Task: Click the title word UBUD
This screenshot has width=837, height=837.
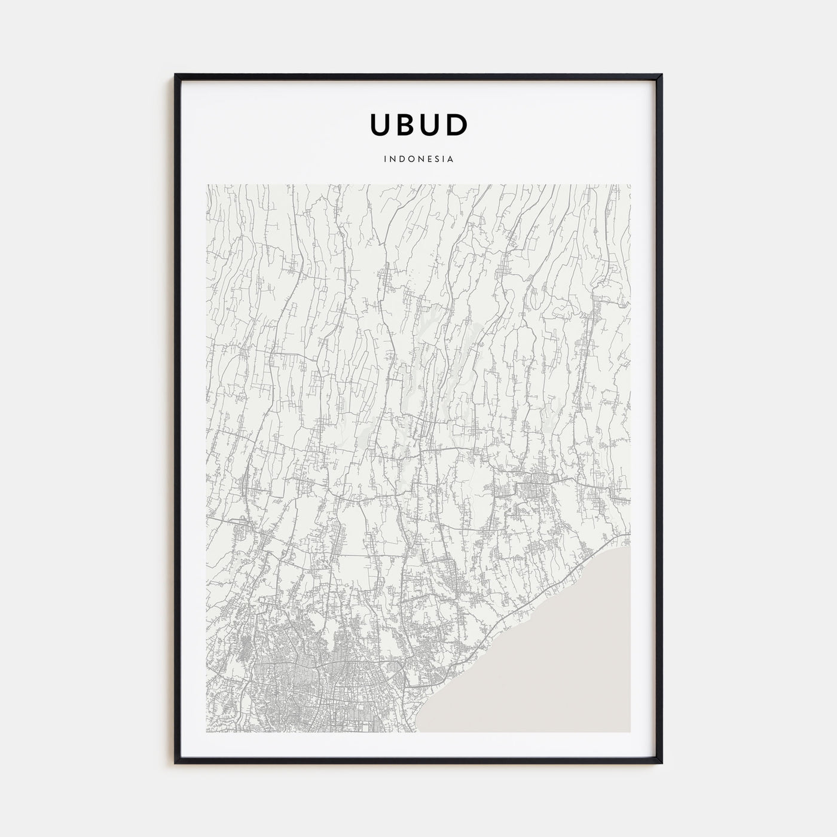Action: click(418, 124)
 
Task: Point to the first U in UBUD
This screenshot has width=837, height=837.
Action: click(381, 124)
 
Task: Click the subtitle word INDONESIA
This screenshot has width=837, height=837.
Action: click(418, 160)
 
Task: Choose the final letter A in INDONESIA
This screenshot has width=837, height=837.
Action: click(451, 160)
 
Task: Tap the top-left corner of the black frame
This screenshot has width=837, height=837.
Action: click(176, 75)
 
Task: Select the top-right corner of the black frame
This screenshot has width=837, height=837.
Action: click(661, 75)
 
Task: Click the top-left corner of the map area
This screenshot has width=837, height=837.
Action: click(207, 185)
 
